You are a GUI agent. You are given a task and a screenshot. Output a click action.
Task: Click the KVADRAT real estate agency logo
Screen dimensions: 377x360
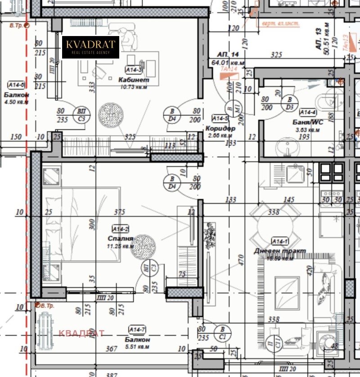[x=90, y=47]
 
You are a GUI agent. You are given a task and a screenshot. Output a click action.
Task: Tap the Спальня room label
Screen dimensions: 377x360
[x=121, y=239]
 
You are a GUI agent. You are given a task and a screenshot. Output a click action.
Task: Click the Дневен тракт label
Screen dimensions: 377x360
[x=286, y=251]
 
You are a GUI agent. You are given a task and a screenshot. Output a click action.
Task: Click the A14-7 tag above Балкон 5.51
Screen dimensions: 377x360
[x=136, y=330]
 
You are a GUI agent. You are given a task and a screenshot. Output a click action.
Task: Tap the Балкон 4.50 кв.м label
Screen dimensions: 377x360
[x=17, y=95]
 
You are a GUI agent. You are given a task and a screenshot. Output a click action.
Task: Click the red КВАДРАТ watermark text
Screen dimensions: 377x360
[x=81, y=333]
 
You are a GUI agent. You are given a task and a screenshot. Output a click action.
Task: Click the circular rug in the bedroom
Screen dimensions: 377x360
[x=144, y=246]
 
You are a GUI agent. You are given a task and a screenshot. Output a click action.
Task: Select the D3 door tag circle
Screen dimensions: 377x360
[x=290, y=103]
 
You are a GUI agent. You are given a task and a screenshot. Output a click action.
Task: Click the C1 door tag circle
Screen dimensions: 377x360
[x=222, y=333]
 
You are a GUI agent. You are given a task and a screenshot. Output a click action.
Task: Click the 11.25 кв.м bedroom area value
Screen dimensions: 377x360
[x=121, y=246]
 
